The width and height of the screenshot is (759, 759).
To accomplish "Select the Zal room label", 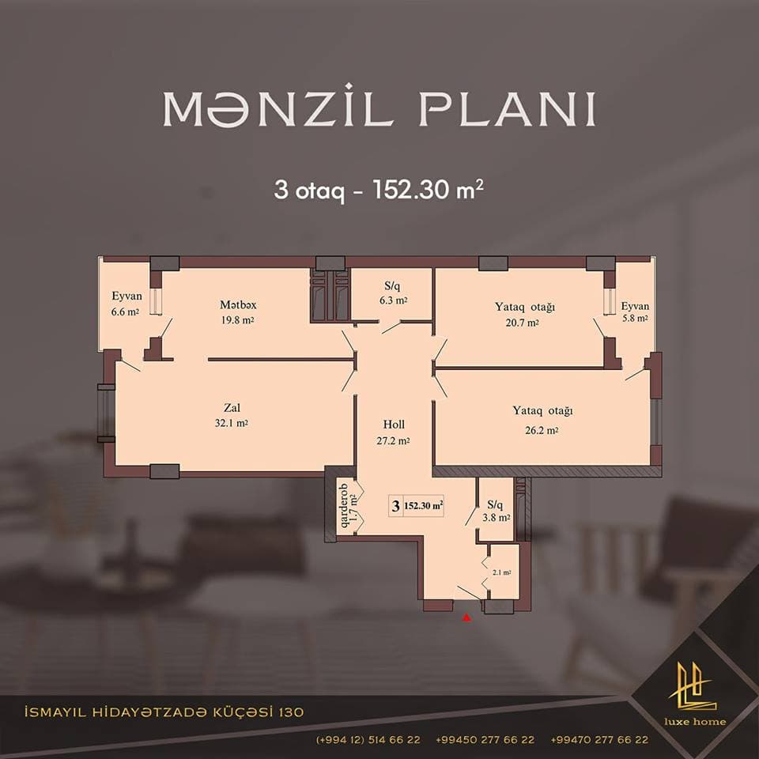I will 232,408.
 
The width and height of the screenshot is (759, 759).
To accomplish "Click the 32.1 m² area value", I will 232,424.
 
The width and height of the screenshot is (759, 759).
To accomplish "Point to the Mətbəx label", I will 238,304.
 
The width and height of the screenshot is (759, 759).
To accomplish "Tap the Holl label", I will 394,425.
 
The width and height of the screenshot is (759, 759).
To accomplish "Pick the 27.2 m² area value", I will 393,441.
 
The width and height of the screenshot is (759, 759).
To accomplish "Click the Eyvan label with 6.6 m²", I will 126,296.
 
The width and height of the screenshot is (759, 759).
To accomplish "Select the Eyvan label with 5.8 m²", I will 634,305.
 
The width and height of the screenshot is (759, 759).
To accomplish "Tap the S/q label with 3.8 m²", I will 496,504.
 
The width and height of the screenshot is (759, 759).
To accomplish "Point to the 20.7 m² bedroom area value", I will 523,323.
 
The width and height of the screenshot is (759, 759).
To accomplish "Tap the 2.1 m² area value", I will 501,572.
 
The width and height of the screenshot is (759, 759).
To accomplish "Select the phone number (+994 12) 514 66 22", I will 368,740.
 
